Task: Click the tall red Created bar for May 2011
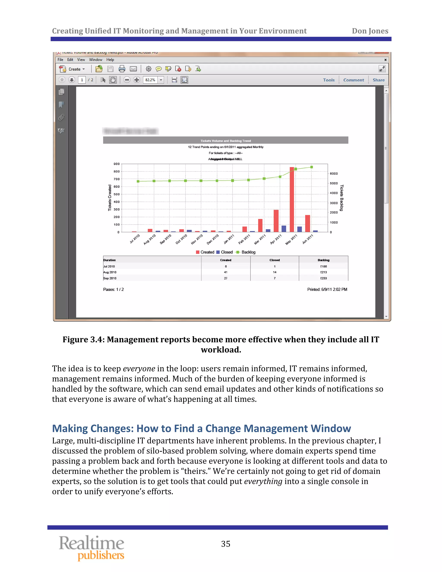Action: pyautogui.click(x=292, y=199)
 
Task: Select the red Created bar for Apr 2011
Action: pyautogui.click(x=276, y=221)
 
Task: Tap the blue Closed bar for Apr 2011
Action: pyautogui.click(x=284, y=229)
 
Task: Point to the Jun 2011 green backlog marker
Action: pyautogui.click(x=312, y=167)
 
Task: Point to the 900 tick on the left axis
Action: pyautogui.click(x=117, y=164)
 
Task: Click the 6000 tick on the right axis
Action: pyautogui.click(x=334, y=174)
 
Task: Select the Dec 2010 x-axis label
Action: pyautogui.click(x=213, y=239)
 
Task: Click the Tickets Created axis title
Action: pyautogui.click(x=110, y=198)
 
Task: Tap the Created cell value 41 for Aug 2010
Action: pyautogui.click(x=226, y=272)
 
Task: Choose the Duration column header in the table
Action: pyautogui.click(x=109, y=260)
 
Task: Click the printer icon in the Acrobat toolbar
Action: pyautogui.click(x=122, y=69)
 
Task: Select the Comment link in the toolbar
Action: pyautogui.click(x=354, y=80)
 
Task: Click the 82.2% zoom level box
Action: pyautogui.click(x=150, y=80)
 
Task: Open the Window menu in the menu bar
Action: pyautogui.click(x=96, y=60)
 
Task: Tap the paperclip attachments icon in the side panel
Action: pyautogui.click(x=61, y=117)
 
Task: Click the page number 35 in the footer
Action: pyautogui.click(x=226, y=544)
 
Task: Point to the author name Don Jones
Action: pyautogui.click(x=370, y=31)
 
